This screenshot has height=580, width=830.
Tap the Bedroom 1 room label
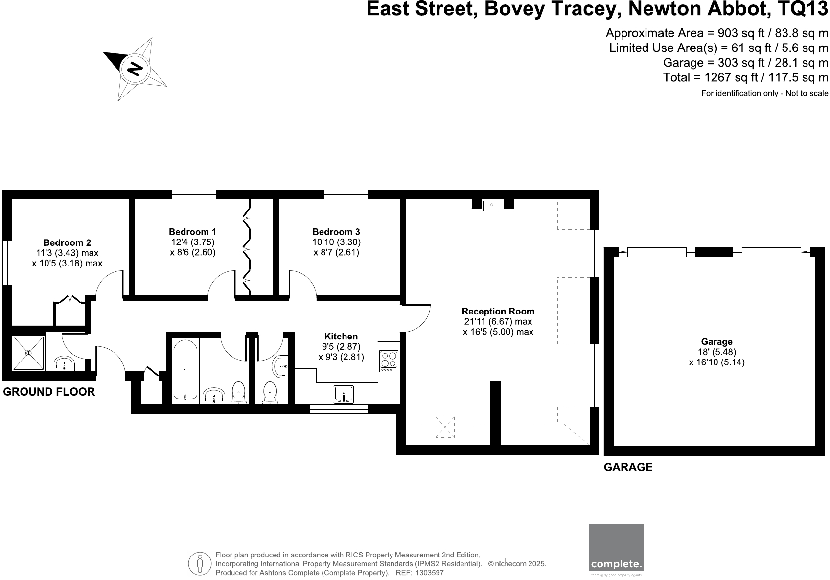pos(192,232)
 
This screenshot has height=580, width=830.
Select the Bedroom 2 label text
pos(67,242)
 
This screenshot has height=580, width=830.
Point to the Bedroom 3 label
pos(336,232)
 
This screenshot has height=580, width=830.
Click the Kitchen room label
pos(341,337)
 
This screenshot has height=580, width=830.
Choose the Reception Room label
pos(498,311)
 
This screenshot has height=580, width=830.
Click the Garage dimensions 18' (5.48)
pos(716,352)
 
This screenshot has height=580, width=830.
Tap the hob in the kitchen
pos(389,361)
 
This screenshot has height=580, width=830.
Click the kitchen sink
pos(344,394)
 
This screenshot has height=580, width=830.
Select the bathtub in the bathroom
pos(185,369)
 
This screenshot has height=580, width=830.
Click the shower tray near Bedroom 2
pos(28,353)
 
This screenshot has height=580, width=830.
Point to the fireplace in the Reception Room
pos(492,205)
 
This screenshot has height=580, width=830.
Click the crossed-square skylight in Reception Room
pos(445,426)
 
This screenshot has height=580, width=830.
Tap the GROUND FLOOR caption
pos(49,392)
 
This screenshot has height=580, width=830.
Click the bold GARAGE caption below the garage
pos(628,467)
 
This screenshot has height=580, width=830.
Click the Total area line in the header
pos(745,77)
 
